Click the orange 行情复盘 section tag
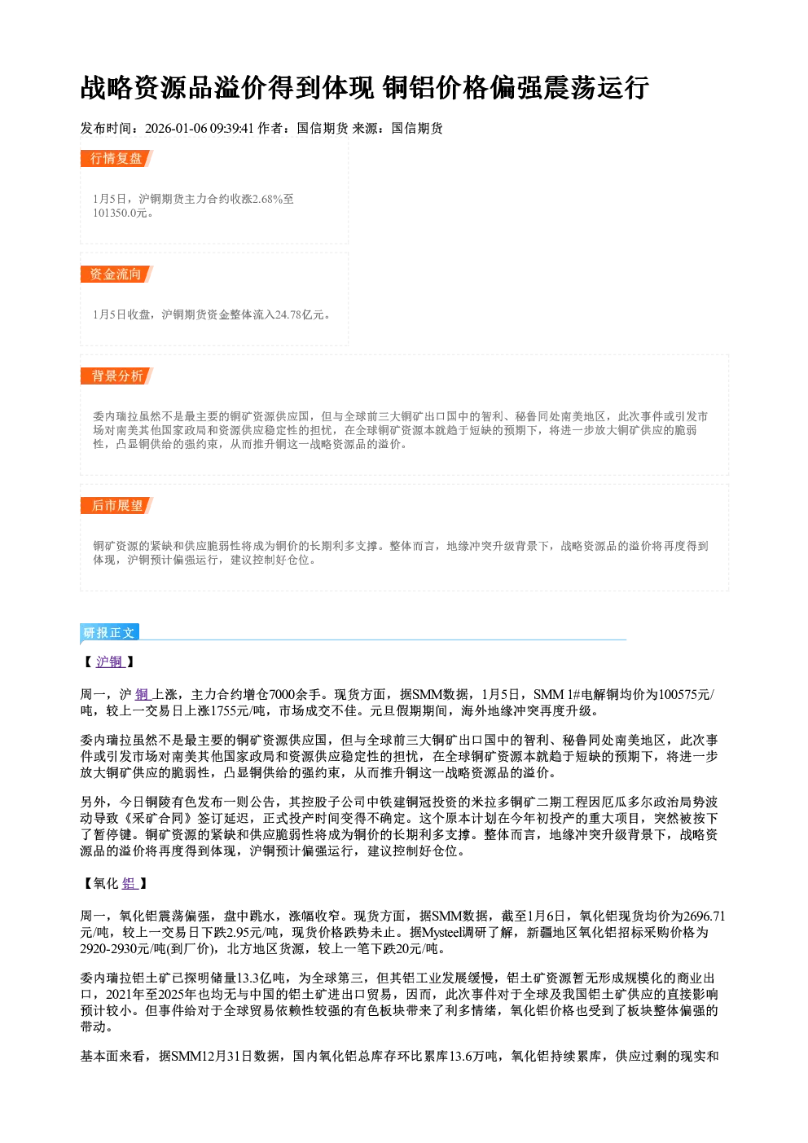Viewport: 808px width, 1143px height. (x=116, y=158)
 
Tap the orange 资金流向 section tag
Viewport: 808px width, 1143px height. (x=116, y=274)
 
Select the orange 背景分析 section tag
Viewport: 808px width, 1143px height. (x=116, y=376)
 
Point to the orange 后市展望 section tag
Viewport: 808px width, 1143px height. (x=116, y=506)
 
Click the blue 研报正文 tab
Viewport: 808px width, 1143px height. (x=109, y=633)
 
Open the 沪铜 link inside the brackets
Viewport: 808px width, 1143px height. (x=110, y=662)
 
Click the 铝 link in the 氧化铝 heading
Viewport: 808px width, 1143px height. (x=129, y=884)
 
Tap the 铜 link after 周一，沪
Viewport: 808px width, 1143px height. (x=143, y=694)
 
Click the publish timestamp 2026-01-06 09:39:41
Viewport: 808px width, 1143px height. (x=200, y=128)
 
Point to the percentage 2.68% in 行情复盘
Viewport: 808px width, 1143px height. (x=267, y=199)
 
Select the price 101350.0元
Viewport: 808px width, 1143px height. (x=121, y=213)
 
